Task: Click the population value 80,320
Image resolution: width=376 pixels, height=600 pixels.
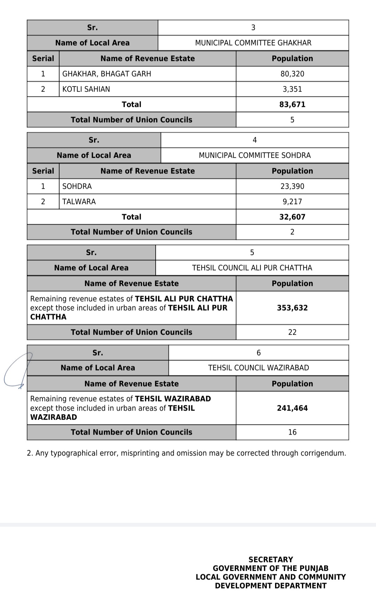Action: tap(292, 74)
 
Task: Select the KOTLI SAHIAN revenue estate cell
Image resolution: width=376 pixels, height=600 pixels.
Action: tap(86, 89)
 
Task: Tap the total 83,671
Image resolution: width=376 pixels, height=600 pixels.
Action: tap(292, 104)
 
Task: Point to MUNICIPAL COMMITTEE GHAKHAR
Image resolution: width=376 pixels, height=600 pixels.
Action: tap(253, 43)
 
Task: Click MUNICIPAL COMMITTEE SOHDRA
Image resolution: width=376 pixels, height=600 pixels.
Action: tap(254, 155)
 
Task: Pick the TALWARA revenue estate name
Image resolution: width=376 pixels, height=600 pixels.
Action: tap(79, 202)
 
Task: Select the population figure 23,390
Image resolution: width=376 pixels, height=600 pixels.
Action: tap(292, 186)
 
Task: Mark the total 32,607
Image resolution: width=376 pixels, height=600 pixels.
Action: tap(292, 217)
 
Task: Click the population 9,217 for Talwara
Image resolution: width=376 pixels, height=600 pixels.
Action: tap(292, 202)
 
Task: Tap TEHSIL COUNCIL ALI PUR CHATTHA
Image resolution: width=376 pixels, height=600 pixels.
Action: tap(252, 268)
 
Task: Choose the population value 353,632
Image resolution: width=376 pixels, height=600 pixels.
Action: tap(292, 308)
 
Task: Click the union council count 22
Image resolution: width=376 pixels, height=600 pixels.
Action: tap(292, 332)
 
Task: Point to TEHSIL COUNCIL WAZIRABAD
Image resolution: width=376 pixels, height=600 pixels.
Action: tap(258, 368)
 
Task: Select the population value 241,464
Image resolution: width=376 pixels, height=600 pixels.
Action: tap(292, 408)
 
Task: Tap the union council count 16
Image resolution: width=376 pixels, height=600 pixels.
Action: tap(292, 432)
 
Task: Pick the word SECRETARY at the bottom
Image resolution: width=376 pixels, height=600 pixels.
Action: tap(271, 560)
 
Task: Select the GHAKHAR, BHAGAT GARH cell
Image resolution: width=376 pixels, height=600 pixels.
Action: tap(107, 74)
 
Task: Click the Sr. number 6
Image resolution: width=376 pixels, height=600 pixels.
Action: tap(258, 353)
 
